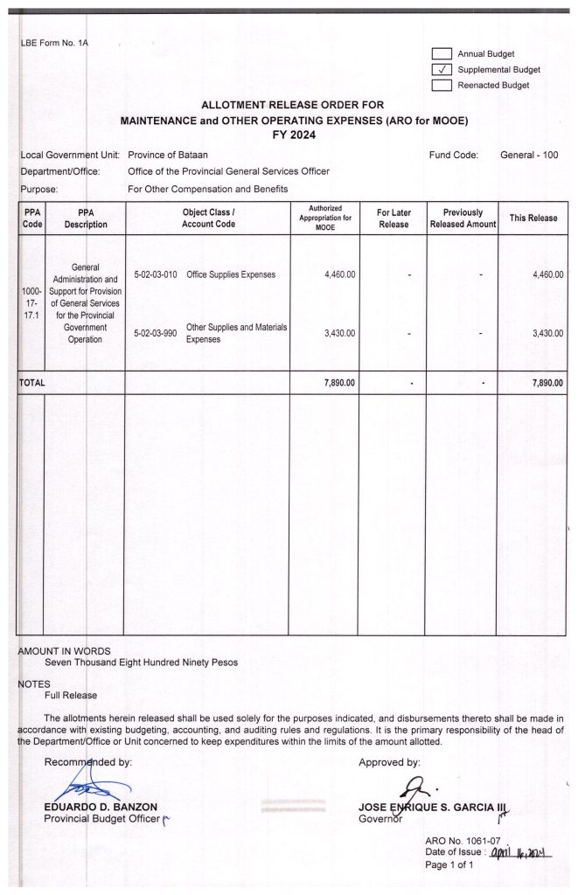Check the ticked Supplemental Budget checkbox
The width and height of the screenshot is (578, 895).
[x=442, y=70]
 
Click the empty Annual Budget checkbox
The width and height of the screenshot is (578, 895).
[x=442, y=54]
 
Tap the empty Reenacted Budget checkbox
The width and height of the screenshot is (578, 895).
[x=442, y=86]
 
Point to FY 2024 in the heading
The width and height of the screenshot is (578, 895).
[x=294, y=135]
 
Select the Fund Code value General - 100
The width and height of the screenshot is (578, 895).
[x=529, y=156]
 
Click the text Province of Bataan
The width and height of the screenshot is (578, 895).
[x=168, y=156]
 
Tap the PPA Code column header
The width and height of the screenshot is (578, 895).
[x=31, y=219]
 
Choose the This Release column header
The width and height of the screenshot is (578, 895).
[x=533, y=219]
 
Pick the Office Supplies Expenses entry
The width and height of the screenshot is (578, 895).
[x=231, y=274]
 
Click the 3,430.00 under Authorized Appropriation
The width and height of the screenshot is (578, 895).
[x=339, y=333]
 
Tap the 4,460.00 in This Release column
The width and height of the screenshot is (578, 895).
[x=547, y=274]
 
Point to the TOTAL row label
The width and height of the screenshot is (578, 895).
[x=32, y=383]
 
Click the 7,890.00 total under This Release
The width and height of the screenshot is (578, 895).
[x=547, y=383]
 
